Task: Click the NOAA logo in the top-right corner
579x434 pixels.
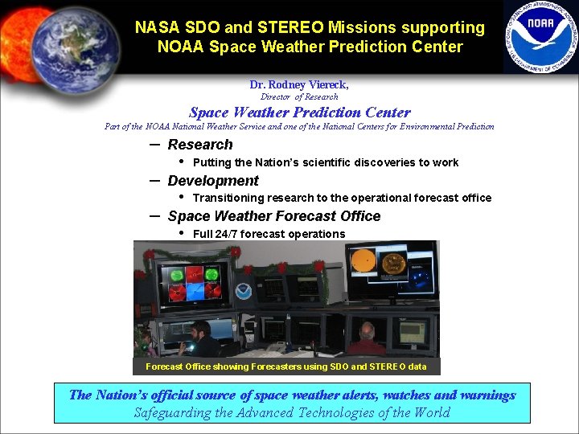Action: (x=541, y=36)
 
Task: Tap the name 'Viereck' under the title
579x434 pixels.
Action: (x=327, y=84)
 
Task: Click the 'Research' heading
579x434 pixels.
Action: (x=200, y=145)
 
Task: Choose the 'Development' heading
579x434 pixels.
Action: (x=213, y=181)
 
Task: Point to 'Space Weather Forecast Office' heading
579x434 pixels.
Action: (x=274, y=216)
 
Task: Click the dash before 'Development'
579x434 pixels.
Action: (x=154, y=180)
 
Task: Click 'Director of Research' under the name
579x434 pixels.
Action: (x=299, y=96)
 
